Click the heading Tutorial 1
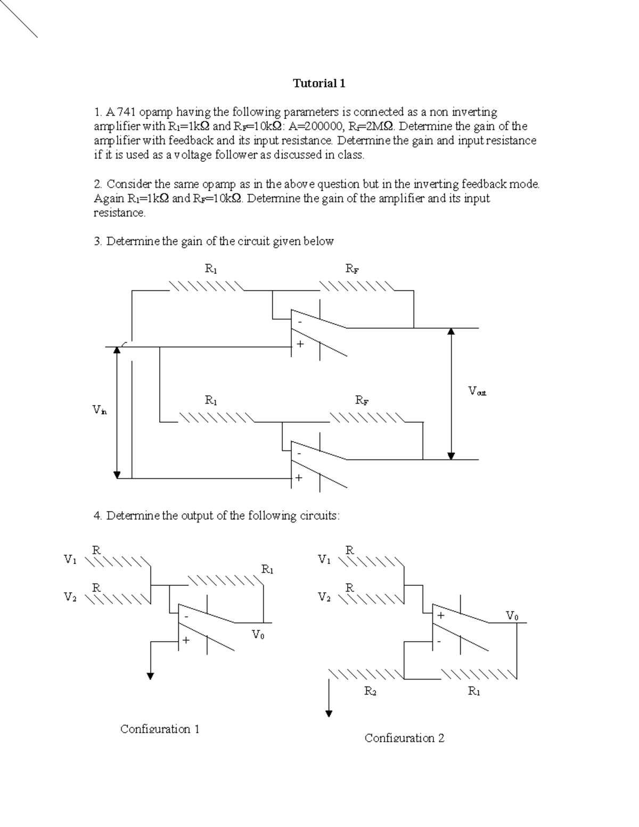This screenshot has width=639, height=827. click(319, 83)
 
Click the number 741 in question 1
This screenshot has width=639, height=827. click(127, 112)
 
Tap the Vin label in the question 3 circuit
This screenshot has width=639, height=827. click(100, 410)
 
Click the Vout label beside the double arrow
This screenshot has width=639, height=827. click(477, 391)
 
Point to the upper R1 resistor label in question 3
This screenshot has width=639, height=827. click(211, 269)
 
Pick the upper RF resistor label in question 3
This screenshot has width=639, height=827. click(352, 269)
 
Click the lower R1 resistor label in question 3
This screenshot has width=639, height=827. click(211, 400)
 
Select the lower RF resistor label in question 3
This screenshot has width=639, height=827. click(362, 400)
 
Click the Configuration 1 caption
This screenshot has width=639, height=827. click(160, 728)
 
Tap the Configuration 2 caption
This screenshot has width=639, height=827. click(404, 738)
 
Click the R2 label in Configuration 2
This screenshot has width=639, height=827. click(370, 691)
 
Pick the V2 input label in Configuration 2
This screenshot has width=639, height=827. click(324, 597)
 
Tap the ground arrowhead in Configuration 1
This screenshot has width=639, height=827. click(151, 676)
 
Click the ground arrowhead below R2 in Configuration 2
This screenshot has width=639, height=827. click(330, 714)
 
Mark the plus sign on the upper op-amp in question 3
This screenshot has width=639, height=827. click(300, 344)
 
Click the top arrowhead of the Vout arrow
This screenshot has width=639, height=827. click(451, 332)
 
